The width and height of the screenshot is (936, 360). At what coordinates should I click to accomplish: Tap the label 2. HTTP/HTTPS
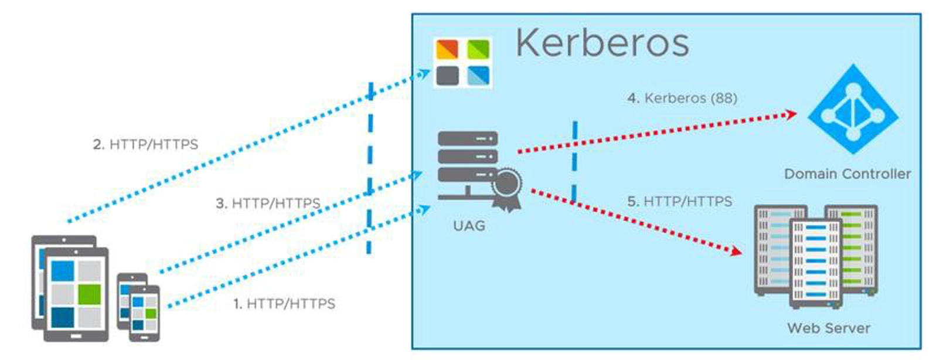click(x=145, y=144)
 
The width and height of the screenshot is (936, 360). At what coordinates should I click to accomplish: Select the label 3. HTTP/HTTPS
click(x=268, y=203)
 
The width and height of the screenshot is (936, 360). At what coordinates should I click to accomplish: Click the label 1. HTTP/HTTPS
click(x=284, y=304)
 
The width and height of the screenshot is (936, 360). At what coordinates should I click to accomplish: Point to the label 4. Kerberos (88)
click(x=682, y=98)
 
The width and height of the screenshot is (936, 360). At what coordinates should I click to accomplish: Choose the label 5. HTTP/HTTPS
click(x=680, y=202)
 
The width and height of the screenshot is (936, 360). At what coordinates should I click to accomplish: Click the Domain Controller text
click(x=847, y=174)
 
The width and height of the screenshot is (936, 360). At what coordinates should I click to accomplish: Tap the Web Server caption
click(x=828, y=328)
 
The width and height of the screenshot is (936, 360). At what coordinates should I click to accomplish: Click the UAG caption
click(x=469, y=226)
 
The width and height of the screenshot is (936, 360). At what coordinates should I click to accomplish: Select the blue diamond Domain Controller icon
click(x=853, y=110)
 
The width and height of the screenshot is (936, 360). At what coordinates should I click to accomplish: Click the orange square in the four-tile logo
click(x=447, y=49)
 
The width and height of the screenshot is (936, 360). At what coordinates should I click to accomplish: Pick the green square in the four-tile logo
click(x=478, y=49)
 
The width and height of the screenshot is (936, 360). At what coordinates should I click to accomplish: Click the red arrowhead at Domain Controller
click(x=791, y=114)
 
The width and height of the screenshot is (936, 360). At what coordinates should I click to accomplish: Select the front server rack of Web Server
click(x=815, y=263)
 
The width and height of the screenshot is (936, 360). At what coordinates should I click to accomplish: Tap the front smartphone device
click(x=144, y=313)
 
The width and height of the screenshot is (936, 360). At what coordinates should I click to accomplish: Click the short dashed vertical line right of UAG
click(x=575, y=161)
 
